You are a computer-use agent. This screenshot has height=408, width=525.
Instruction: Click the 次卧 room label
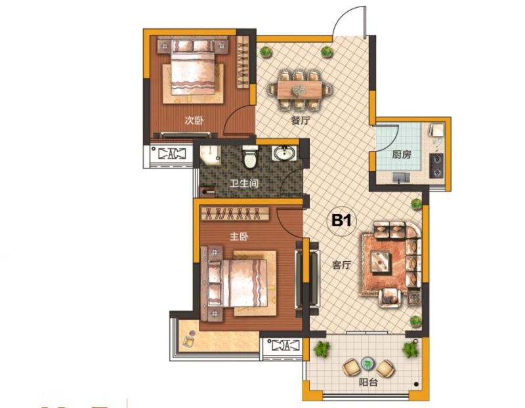pyautogui.click(x=194, y=120)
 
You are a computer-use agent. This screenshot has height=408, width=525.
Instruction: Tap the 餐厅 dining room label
pyautogui.click(x=301, y=120)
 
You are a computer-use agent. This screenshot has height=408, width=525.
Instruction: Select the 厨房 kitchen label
pyautogui.click(x=402, y=155)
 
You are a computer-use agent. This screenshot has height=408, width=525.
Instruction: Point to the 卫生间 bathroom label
pyautogui.click(x=243, y=183)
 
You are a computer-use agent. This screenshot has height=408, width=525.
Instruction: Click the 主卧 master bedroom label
pyautogui.click(x=239, y=237)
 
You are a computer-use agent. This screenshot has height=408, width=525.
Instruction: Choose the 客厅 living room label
pyautogui.click(x=341, y=265)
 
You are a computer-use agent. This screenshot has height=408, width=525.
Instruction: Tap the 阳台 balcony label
pyautogui.click(x=368, y=382)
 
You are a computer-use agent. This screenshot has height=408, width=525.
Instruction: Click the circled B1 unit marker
pyautogui.click(x=342, y=221)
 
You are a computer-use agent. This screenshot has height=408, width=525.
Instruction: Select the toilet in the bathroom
pyautogui.click(x=250, y=157)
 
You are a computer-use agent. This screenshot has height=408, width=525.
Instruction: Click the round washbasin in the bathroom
pyautogui.click(x=285, y=153)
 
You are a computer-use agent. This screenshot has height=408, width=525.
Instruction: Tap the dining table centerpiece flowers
pyautogui.click(x=297, y=89)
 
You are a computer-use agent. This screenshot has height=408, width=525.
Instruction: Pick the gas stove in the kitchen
pyautogui.click(x=436, y=166)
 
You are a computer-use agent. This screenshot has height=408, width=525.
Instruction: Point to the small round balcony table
pyautogui.click(x=367, y=363)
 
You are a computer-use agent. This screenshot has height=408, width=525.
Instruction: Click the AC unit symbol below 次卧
pyautogui.click(x=172, y=154)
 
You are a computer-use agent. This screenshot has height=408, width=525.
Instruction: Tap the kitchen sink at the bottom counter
pyautogui.click(x=401, y=177)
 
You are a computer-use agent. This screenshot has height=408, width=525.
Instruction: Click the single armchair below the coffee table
pyautogui.click(x=390, y=297)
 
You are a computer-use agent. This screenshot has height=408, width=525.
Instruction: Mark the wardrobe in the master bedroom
pyautogui.click(x=235, y=213)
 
